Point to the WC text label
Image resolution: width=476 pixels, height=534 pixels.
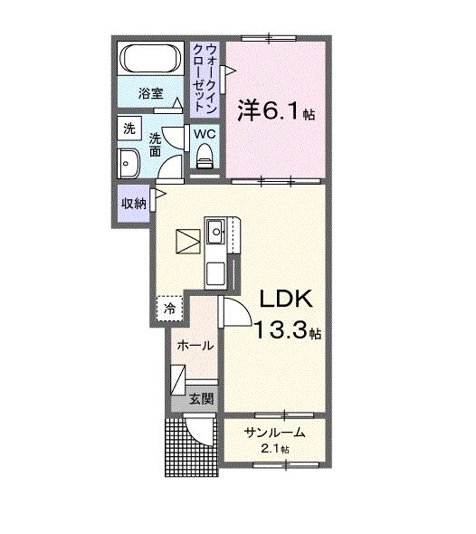coord(205,135)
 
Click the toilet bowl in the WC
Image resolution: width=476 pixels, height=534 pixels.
coord(205,157)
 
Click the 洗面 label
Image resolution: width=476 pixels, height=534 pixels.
coord(155,143)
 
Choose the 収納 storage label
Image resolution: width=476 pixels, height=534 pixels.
coord(133,203)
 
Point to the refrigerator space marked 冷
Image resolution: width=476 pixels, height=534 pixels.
coord(169,309)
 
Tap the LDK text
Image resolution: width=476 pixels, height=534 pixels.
coord(287,300)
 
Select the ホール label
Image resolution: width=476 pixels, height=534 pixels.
coord(195,345)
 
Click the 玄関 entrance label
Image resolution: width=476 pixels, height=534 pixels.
coord(201,398)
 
